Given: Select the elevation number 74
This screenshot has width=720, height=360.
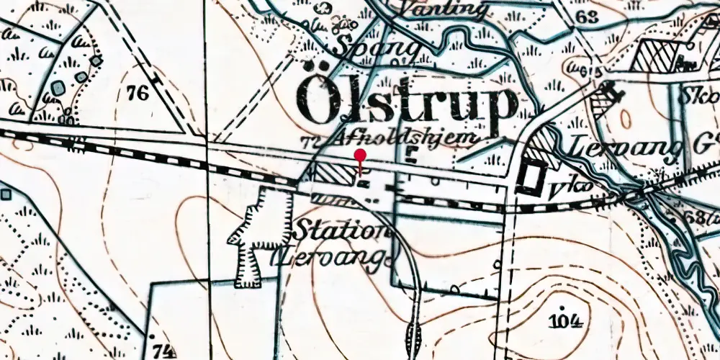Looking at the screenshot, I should (164, 350).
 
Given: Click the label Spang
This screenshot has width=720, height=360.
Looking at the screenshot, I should (376, 48).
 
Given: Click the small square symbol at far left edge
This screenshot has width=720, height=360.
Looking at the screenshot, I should (5, 194).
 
